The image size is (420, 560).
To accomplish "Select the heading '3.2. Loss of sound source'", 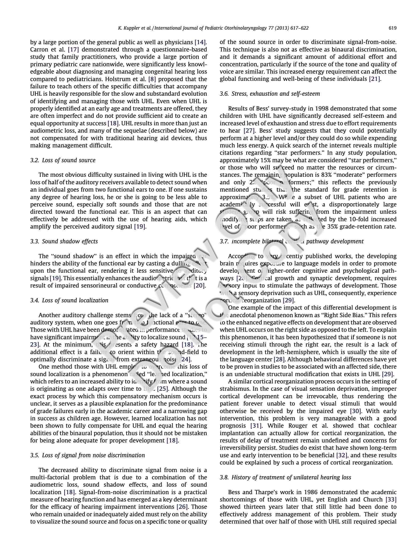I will [63, 160].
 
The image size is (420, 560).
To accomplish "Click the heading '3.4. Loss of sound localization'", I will [69, 300].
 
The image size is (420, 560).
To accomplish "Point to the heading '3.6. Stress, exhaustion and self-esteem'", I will [270, 94].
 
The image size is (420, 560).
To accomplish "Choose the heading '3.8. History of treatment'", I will [285, 477].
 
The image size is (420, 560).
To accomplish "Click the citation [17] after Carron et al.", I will [73, 50].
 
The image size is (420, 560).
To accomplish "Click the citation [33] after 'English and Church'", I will [391, 499].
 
